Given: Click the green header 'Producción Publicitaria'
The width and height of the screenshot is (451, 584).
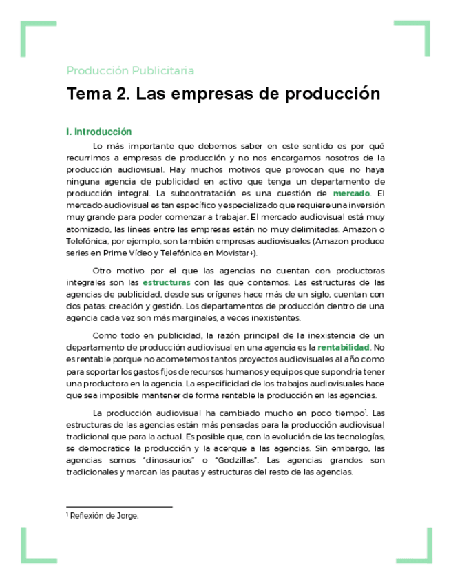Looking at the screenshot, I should tap(130, 70).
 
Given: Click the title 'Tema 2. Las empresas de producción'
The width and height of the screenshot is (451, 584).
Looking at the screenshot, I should tap(223, 94).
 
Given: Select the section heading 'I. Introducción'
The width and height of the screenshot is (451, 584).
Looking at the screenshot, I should tap(98, 132).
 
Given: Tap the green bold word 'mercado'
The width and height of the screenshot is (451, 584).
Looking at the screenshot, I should tap(351, 194).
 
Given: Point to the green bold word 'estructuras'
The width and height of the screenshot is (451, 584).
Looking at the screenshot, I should tap(167, 282).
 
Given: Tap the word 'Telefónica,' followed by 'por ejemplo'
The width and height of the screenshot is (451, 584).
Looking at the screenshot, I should tap(89, 241).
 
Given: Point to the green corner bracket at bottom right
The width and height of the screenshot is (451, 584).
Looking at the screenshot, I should tap(417, 547).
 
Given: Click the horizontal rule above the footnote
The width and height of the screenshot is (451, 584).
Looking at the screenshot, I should tap(118, 507).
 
